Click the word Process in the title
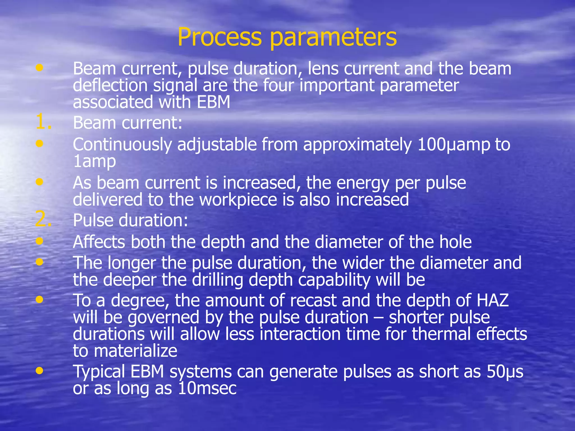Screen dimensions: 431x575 tap(219, 37)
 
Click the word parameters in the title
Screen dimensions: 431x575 tap(333, 38)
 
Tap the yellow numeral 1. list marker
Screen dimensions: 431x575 tap(44, 122)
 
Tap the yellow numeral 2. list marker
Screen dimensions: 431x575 tap(44, 220)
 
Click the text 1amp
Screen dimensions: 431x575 tap(94, 162)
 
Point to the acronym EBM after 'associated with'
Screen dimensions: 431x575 tap(213, 102)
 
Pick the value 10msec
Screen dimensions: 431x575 tap(207, 389)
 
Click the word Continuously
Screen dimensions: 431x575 tap(122, 145)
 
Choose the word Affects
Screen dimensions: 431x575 tap(99, 242)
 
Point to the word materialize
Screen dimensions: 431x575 tap(136, 351)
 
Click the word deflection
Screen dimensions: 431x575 tap(110, 85)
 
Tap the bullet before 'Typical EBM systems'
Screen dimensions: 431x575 tap(40, 371)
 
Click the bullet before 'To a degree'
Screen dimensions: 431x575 tap(40, 300)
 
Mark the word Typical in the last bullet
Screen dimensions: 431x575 tap(99, 372)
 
